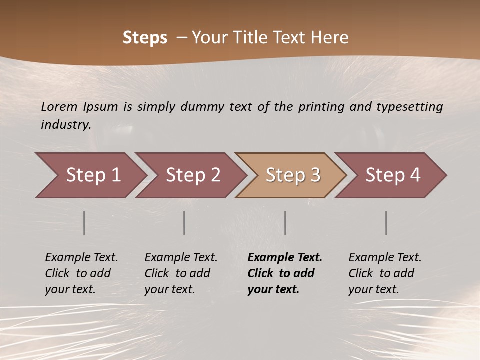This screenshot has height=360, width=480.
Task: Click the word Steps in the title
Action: (145, 38)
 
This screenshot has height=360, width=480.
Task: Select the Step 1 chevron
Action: (92, 175)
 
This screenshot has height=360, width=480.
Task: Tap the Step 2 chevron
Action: (192, 175)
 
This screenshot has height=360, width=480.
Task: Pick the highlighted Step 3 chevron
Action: (292, 175)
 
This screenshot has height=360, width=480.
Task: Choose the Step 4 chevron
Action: (392, 175)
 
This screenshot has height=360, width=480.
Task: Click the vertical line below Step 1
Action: (84, 223)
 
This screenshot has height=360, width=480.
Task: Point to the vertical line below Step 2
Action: (184, 223)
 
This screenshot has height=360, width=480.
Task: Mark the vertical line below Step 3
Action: (285, 223)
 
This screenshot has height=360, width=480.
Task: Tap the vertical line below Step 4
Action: (386, 223)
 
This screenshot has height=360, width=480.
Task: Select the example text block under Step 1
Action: (81, 273)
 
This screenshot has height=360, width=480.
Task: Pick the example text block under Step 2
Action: (181, 273)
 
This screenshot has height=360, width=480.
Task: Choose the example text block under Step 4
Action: (385, 273)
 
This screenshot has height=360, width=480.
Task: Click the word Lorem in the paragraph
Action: (59, 107)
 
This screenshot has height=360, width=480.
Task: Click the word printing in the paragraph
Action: (320, 107)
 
